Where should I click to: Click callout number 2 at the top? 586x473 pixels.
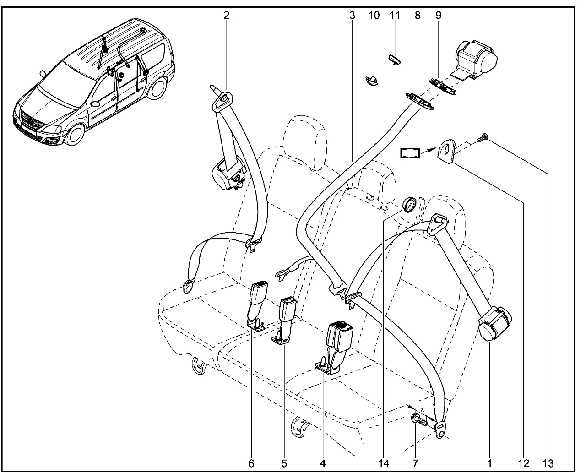(x=226, y=15)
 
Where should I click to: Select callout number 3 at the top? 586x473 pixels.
(x=352, y=15)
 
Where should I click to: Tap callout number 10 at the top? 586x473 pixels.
(x=374, y=15)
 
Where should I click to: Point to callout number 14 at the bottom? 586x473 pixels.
(x=383, y=464)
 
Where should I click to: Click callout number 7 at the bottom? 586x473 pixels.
(x=415, y=464)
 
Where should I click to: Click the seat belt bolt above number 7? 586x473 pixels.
(x=419, y=419)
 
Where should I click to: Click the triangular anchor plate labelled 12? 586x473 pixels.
(x=447, y=151)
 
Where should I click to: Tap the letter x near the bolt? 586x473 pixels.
(x=422, y=409)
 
